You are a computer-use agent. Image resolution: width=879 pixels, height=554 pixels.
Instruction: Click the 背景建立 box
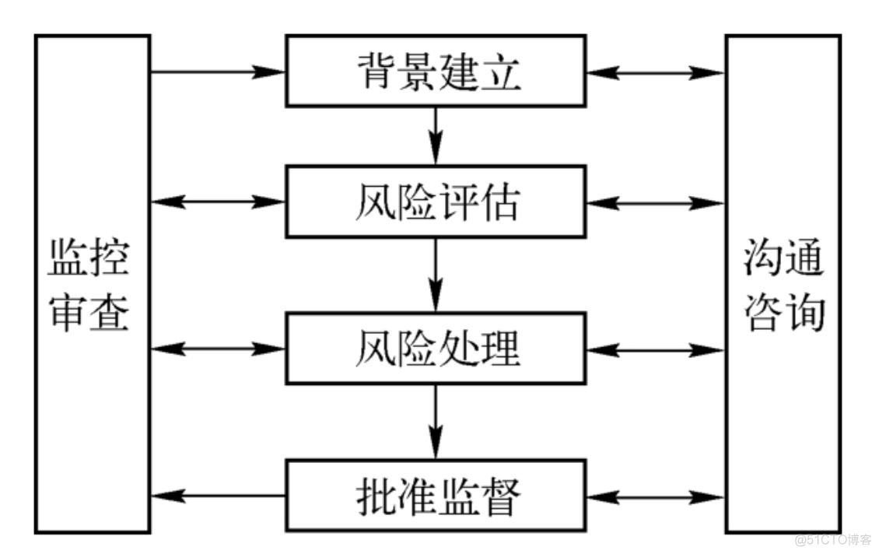pos(436,70)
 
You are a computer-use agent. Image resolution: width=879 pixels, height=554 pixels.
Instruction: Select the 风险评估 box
pos(436,202)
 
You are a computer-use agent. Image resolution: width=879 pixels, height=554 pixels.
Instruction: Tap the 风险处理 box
pos(436,348)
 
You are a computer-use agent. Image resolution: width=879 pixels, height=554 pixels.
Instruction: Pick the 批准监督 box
pos(436,496)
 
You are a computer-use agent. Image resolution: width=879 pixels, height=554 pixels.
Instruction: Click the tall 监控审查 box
pos(92,283)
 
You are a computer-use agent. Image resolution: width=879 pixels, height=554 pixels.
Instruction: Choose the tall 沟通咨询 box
pos(783,283)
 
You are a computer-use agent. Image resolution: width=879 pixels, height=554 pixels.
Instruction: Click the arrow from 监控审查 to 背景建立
pos(218,72)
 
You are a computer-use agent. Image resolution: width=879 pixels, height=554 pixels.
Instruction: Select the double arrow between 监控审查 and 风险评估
pos(218,202)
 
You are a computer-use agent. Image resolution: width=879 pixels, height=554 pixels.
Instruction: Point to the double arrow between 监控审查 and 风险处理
pos(218,348)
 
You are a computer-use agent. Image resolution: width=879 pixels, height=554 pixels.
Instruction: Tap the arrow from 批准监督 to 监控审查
pos(218,496)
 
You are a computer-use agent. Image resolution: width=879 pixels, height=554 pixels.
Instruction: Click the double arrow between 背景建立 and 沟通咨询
pos(655,73)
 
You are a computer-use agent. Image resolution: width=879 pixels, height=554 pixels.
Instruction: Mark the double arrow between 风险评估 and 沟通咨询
pos(655,203)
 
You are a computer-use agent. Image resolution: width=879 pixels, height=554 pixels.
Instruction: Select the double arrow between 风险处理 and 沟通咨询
pos(655,349)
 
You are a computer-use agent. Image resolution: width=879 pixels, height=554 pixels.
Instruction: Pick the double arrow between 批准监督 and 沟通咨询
pos(655,496)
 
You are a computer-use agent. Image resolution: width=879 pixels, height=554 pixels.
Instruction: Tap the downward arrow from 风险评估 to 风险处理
pos(436,274)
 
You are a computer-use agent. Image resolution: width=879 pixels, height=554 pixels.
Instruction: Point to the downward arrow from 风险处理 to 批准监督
pos(436,421)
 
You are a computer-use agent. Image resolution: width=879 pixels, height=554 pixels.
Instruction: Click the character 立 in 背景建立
pos(499,72)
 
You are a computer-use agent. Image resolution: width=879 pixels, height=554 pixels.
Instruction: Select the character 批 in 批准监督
pos(373,496)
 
